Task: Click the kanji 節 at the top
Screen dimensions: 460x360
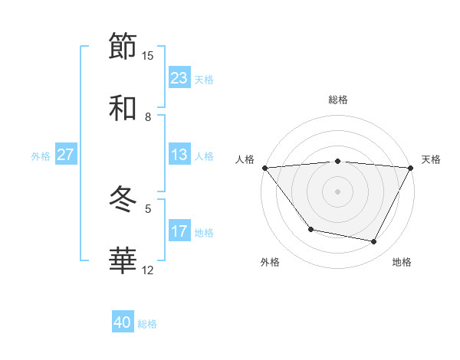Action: pos(123,47)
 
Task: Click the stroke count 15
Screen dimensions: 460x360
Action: pos(148,56)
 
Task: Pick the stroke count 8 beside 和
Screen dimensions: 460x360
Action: pos(148,116)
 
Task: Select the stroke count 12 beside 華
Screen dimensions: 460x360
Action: pos(148,270)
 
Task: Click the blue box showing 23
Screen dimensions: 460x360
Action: pos(179,78)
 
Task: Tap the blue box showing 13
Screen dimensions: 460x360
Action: pos(179,155)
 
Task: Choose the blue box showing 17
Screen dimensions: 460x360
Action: pos(179,231)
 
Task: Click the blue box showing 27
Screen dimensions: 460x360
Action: pos(65,155)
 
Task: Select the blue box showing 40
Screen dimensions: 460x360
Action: pos(123,322)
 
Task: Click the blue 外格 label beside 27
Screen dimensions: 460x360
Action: pos(41,155)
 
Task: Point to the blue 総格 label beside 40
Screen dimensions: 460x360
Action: pos(147,324)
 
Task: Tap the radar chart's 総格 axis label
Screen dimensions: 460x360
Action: pos(337,100)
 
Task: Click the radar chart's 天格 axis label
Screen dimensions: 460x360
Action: pos(431,159)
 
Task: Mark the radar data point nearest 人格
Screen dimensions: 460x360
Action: pos(264,167)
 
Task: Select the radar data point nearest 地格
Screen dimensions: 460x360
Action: pos(374,241)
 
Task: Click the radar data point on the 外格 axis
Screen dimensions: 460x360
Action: pos(310,229)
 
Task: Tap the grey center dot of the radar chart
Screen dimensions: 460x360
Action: pos(337,191)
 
